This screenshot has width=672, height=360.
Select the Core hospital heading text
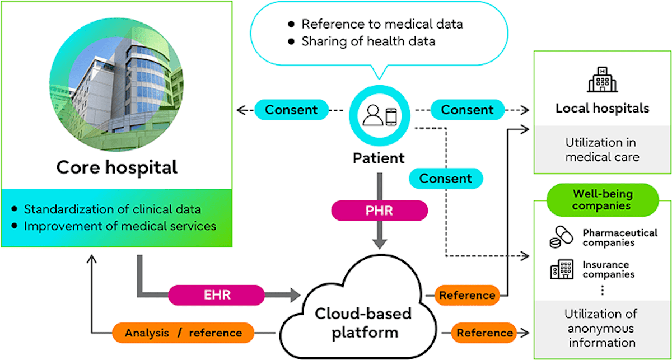tap(117, 167)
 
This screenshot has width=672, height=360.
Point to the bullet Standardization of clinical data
tap(113, 209)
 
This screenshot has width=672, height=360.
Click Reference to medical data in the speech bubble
tap(382, 24)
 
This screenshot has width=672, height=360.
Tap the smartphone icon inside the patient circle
tap(392, 116)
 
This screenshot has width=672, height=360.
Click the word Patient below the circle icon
tap(379, 158)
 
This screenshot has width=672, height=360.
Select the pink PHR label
tap(379, 211)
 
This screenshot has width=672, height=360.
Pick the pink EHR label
tap(216, 294)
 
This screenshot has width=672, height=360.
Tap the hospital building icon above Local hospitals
tap(602, 79)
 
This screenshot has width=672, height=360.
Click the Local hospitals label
tap(602, 108)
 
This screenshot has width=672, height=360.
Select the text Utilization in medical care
tap(602, 150)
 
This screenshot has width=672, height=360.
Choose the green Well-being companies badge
tap(602, 200)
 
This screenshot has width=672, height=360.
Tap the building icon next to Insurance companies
tap(562, 270)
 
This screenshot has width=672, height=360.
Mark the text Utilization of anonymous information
tap(601, 328)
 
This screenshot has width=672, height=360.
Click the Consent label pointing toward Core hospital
tap(291, 110)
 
